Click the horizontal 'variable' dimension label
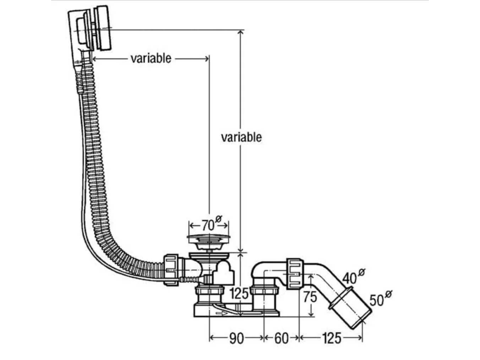click(x=151, y=58)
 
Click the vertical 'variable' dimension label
click(x=241, y=137)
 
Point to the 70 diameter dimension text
click(x=209, y=225)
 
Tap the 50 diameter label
click(x=377, y=300)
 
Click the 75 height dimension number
click(x=310, y=296)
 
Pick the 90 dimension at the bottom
click(x=236, y=338)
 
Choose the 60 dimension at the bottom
click(x=281, y=338)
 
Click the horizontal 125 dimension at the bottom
click(x=332, y=338)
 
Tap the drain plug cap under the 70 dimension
click(x=208, y=237)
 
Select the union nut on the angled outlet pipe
click(x=295, y=274)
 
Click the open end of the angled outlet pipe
click(x=362, y=321)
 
